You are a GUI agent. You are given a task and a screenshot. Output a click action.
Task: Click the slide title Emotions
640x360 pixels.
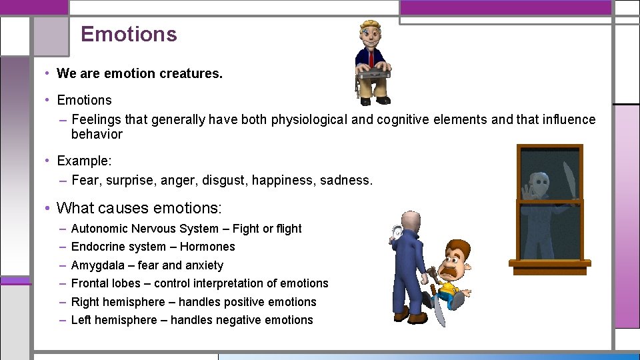click(x=129, y=35)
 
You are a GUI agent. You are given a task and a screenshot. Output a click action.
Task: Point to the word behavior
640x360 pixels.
click(x=97, y=135)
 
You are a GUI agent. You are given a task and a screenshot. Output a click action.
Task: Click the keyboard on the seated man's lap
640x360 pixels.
click(x=373, y=69)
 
